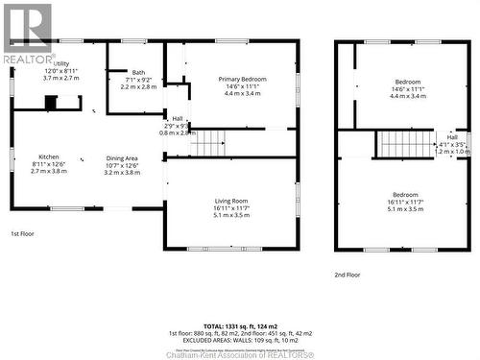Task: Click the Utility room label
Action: [x=61, y=64]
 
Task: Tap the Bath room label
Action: [x=138, y=73]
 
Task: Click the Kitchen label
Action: [x=49, y=156]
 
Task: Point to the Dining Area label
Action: [x=121, y=157]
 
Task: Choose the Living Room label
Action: [x=231, y=201]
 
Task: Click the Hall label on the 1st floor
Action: [x=177, y=119]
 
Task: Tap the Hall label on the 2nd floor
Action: [x=452, y=137]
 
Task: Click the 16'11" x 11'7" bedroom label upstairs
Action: [x=404, y=195]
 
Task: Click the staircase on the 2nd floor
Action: [x=405, y=144]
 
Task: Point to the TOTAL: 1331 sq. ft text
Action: [x=240, y=326]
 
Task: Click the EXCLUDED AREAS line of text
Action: [x=240, y=340]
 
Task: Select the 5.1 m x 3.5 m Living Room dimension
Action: [x=231, y=215]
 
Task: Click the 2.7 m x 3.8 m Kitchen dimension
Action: [x=49, y=170]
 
